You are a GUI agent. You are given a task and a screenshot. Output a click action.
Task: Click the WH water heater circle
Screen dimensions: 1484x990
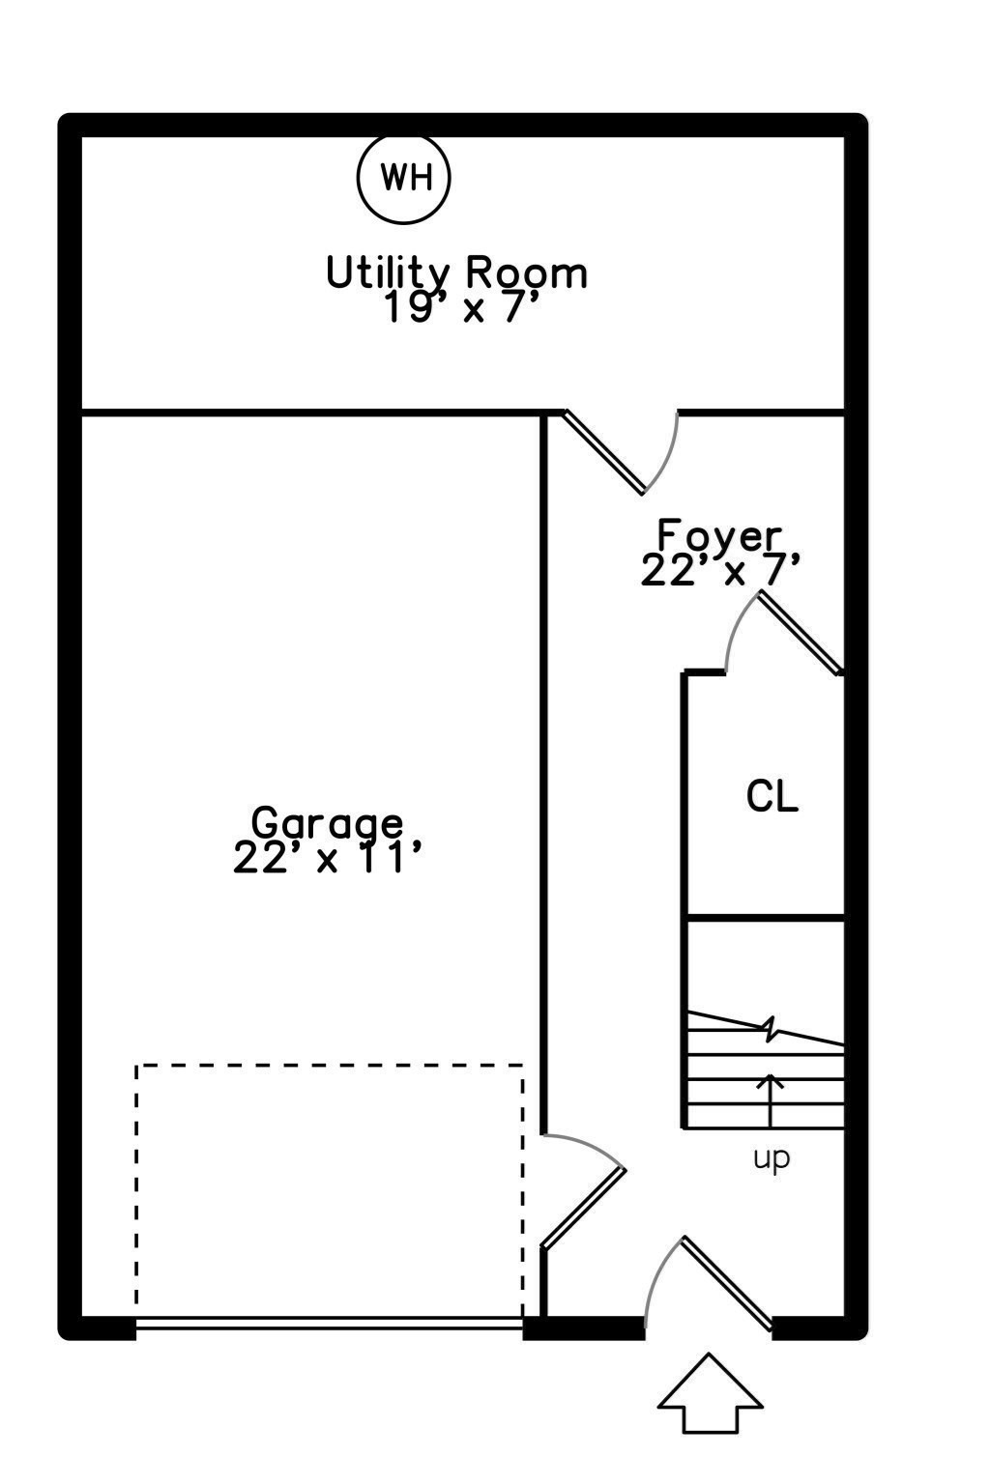pyautogui.click(x=404, y=178)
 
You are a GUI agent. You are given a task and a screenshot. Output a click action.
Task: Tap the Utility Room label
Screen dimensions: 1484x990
pyautogui.click(x=456, y=272)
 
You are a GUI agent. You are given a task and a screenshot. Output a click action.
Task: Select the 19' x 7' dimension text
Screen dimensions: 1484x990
pyautogui.click(x=461, y=309)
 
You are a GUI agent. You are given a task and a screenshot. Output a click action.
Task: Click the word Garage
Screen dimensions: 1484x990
pyautogui.click(x=327, y=823)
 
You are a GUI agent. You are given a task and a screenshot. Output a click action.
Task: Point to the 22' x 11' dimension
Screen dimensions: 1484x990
pyautogui.click(x=329, y=858)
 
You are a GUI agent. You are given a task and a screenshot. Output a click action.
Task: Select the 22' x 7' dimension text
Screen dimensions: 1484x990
pyautogui.click(x=721, y=571)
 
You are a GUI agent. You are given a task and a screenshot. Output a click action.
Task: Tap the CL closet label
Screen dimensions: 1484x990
pyautogui.click(x=772, y=796)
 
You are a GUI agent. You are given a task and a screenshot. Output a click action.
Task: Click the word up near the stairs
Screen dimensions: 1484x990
pyautogui.click(x=772, y=1157)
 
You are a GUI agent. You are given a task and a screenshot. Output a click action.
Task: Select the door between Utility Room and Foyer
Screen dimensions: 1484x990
pyautogui.click(x=605, y=452)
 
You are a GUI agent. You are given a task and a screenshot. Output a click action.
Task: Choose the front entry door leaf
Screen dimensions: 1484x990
pyautogui.click(x=727, y=1282)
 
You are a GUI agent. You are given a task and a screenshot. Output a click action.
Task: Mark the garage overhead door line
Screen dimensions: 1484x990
pyautogui.click(x=329, y=1323)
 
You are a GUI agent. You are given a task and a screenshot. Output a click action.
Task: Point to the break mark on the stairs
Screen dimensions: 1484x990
pyautogui.click(x=771, y=1030)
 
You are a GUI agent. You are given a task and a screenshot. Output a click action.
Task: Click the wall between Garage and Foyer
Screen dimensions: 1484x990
pyautogui.click(x=543, y=773)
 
